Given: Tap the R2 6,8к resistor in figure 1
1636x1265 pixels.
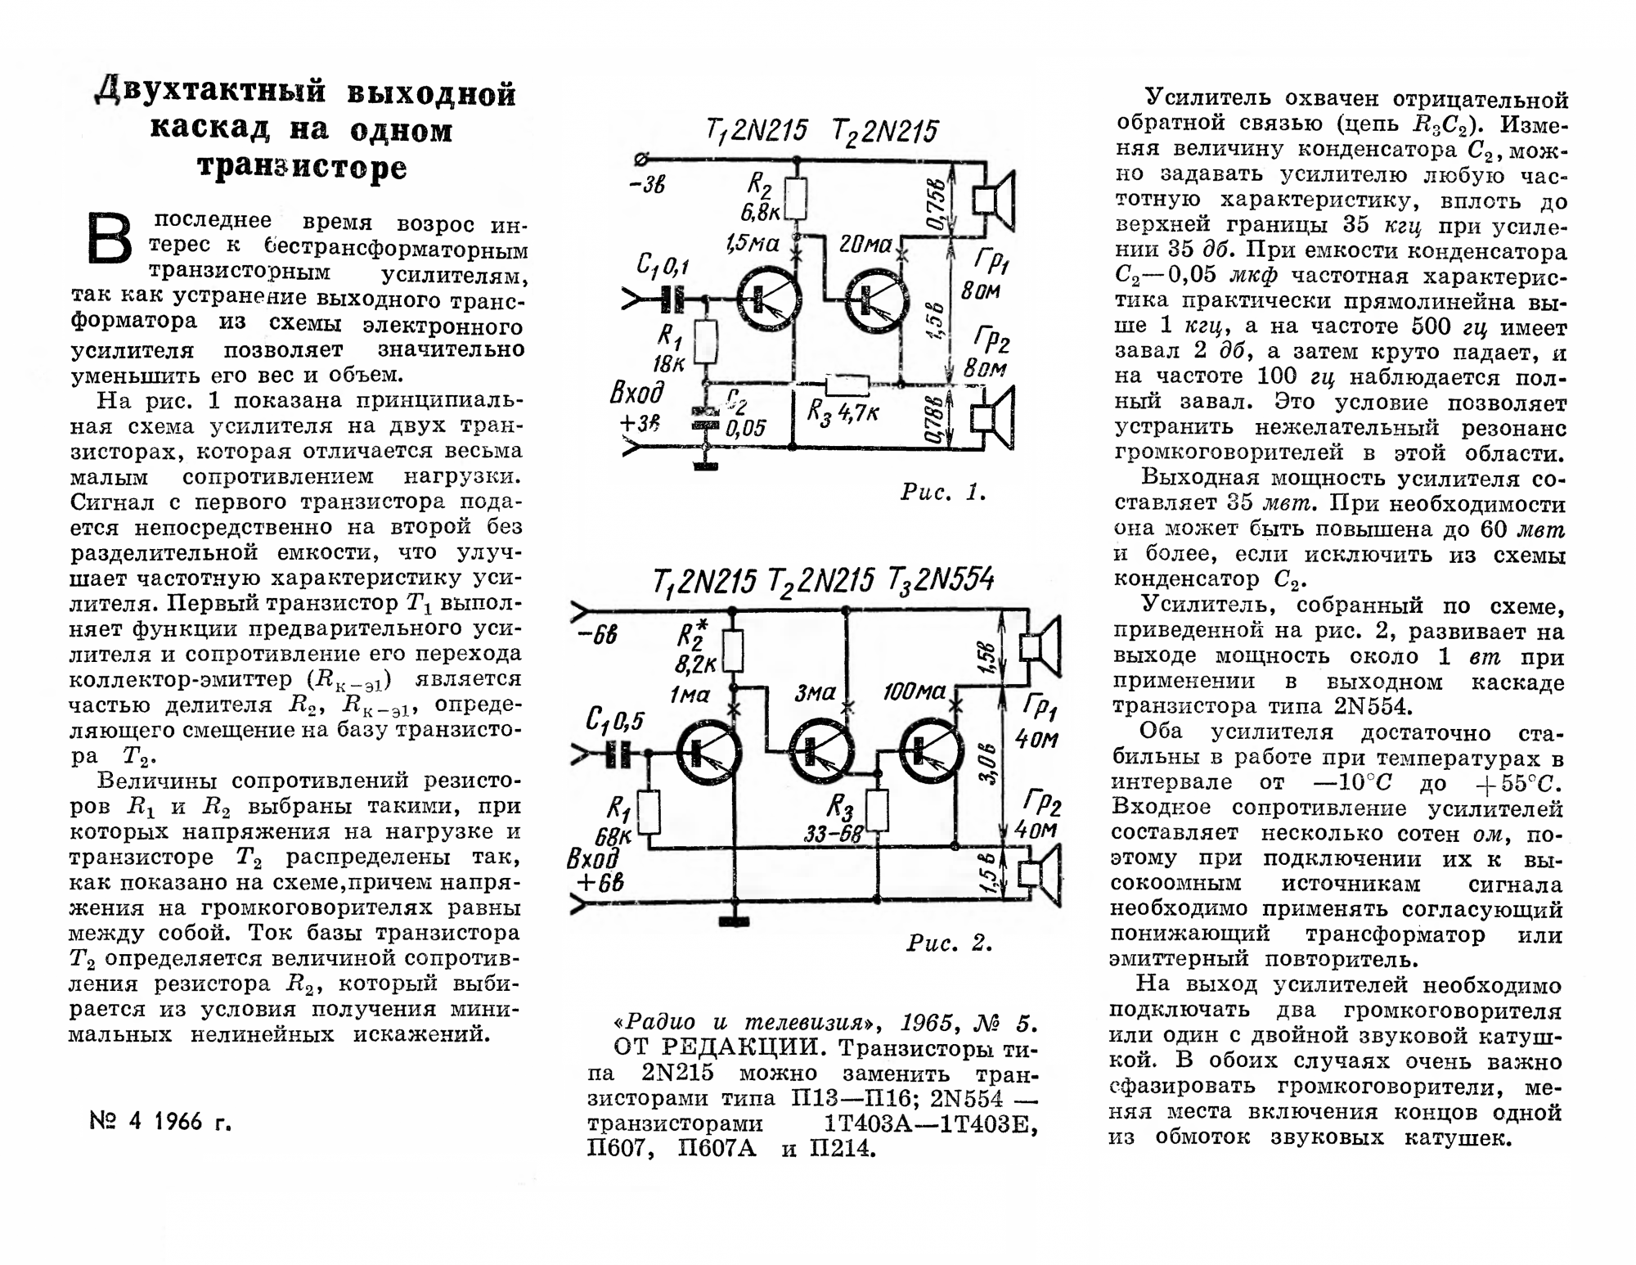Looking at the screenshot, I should [797, 199].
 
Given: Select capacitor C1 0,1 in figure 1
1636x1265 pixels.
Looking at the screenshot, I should [672, 299].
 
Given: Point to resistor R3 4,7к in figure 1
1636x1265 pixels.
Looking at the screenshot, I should [847, 385].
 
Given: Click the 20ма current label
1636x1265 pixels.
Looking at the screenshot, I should [865, 244].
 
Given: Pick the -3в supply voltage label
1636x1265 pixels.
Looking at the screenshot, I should [647, 185].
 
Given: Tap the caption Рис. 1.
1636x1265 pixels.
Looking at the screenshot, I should [943, 492].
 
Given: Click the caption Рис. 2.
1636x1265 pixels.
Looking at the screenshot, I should [949, 943].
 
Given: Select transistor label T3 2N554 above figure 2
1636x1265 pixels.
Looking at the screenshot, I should [941, 580].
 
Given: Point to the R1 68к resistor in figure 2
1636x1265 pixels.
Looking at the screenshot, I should [649, 811].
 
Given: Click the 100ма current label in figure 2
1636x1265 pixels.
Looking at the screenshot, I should [914, 693].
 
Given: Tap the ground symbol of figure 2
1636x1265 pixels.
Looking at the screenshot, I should [734, 921].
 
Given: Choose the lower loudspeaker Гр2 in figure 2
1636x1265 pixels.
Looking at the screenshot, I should [1038, 874].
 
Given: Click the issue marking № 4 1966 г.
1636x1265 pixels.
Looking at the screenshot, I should [160, 1121].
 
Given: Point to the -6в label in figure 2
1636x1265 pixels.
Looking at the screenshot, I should [596, 635].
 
